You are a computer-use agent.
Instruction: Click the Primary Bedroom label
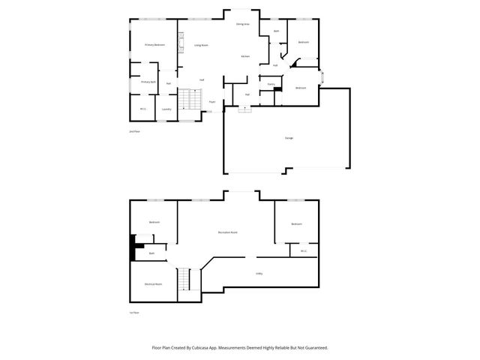point(154,45)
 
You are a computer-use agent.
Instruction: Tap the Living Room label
point(201,46)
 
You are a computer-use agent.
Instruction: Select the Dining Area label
point(242,24)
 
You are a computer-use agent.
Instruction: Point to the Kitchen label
point(245,57)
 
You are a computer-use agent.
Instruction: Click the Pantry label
point(270,84)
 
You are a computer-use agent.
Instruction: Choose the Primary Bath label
point(148,82)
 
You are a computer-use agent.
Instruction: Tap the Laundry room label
point(166,109)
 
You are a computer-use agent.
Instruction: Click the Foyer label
point(212,101)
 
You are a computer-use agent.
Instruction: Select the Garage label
point(289,139)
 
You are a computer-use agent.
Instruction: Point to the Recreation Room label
point(228,232)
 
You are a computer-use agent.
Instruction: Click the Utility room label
point(259,273)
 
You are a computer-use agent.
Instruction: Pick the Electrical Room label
point(154,284)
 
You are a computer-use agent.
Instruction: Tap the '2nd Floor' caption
point(135,131)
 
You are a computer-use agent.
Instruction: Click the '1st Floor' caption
point(135,313)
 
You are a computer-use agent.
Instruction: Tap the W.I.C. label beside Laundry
point(142,109)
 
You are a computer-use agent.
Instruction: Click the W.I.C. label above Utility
point(304,251)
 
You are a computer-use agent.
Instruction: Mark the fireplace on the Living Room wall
point(180,43)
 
